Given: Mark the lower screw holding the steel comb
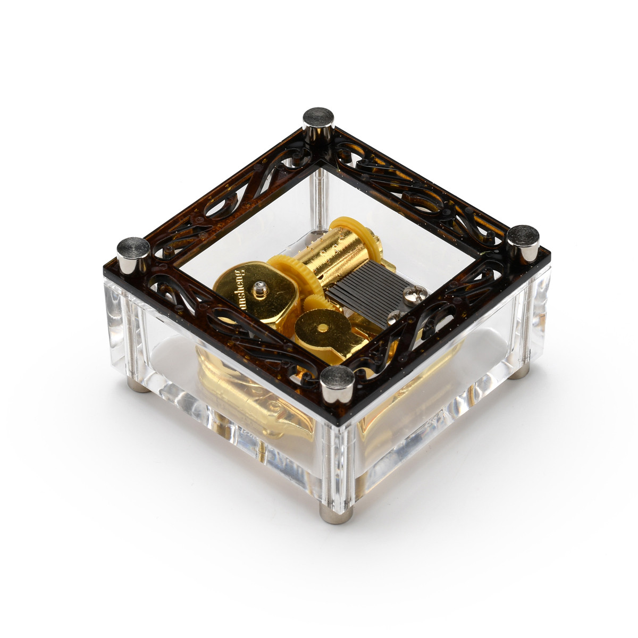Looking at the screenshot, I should (394, 317).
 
